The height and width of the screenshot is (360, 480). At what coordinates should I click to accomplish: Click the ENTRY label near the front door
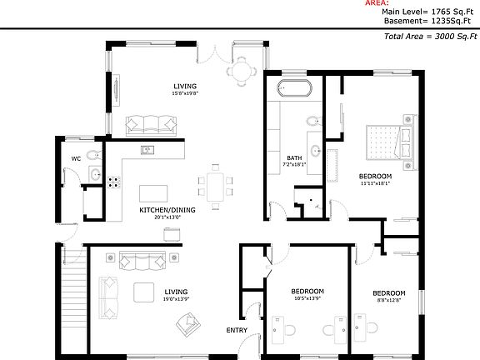[x=237, y=331]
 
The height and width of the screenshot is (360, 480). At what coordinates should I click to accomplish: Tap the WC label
[x=75, y=157]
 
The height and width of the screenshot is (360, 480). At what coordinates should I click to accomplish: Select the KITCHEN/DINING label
[x=167, y=210]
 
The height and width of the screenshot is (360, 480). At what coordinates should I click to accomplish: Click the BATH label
[x=294, y=158]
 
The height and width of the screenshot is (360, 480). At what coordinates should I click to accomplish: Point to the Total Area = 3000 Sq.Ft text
[x=431, y=37]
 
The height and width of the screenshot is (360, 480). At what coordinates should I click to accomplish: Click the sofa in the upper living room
[x=152, y=125]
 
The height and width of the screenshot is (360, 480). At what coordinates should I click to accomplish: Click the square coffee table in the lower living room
[x=143, y=292]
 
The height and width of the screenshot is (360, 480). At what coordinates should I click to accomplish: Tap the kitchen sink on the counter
[x=147, y=150]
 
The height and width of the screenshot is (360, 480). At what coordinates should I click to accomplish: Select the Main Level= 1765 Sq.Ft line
[x=430, y=12]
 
